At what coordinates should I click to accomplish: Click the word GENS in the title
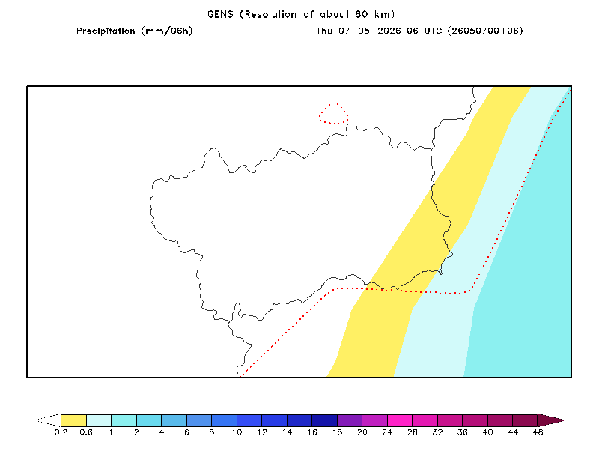coord(220,14)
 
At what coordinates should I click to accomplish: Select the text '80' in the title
coord(361,14)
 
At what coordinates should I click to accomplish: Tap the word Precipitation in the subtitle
coord(106,31)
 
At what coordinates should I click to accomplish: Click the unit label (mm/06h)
coord(167,31)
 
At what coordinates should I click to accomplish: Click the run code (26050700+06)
coord(485,31)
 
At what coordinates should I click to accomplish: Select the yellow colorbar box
coord(73,420)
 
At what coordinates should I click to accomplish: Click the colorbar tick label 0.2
coord(61,432)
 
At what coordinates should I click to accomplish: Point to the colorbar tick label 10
coord(237,432)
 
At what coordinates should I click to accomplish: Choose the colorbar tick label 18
coord(338,432)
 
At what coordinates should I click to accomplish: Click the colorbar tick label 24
coord(387,432)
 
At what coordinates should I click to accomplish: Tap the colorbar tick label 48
coord(538,432)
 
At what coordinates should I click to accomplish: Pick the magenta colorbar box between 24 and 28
coord(400,420)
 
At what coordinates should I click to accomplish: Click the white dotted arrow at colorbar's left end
coord(49,420)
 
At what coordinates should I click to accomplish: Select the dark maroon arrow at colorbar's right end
coord(550,420)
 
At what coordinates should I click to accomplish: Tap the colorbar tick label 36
coord(463,432)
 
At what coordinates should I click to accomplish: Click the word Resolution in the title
coord(270,14)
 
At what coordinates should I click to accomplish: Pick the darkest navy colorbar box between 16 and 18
coord(325,420)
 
